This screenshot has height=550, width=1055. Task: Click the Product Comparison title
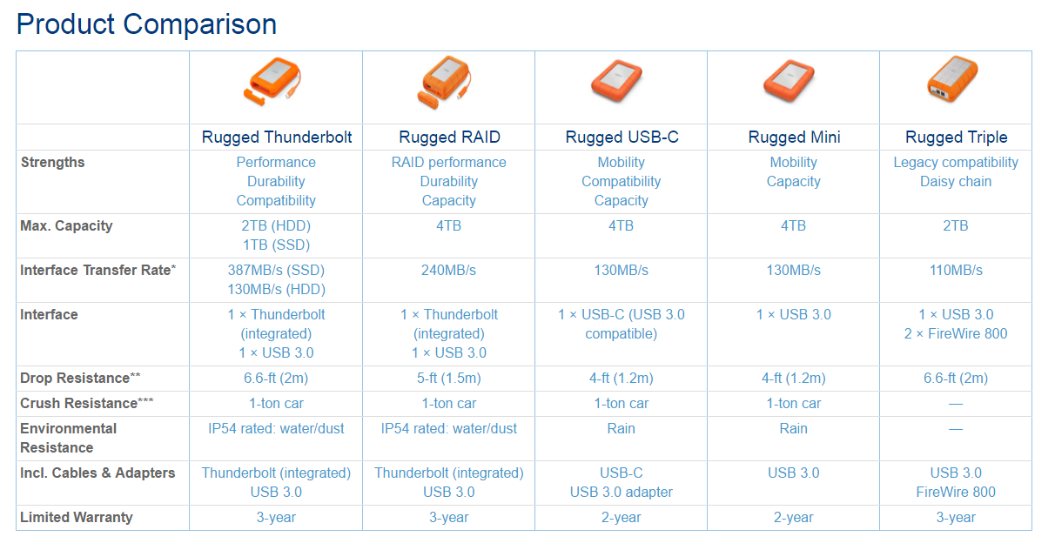146,24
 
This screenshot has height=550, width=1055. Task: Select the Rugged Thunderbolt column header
277,137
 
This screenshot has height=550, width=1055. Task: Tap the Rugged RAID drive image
444,83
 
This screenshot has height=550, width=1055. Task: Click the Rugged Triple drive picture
953,78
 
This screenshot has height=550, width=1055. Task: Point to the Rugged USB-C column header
622,137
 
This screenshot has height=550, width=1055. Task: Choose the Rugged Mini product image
790,80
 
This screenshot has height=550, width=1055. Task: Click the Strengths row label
53,162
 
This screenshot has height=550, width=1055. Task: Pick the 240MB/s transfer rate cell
448,270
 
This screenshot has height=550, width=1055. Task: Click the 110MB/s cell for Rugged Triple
956,270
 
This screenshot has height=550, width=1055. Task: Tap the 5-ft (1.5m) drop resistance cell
448,378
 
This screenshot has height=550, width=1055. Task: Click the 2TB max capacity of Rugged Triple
956,225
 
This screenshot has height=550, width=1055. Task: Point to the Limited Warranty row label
77,517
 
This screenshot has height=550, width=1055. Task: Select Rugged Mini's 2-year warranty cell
794,517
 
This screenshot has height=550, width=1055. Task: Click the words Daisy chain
956,181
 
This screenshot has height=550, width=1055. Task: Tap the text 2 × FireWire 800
956,333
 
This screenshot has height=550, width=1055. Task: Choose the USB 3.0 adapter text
622,492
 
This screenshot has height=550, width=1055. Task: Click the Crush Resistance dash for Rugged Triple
956,404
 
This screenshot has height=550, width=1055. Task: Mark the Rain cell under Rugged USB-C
622,428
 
